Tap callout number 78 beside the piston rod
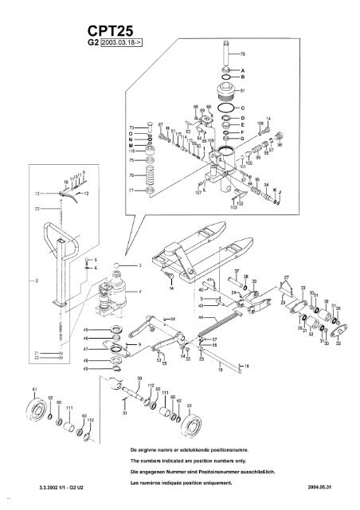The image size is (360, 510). [x=243, y=54]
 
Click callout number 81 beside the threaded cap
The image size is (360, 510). [x=242, y=92]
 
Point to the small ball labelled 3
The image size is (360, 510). [x=116, y=264]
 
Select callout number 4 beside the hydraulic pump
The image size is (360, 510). [x=140, y=292]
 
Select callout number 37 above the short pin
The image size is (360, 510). [x=236, y=273]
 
